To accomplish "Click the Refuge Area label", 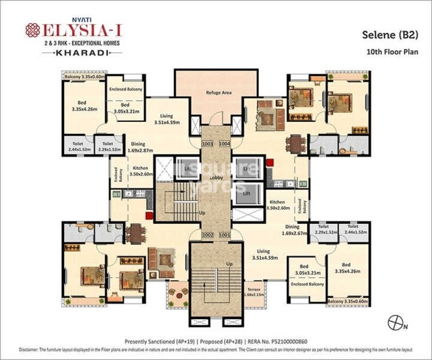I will pos(218,93).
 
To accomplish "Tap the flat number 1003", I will pos(207,144).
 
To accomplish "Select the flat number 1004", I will pos(224,144).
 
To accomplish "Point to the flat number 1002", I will pos(207,235).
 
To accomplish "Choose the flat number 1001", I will pos(224,235).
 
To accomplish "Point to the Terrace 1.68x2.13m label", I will pos(254,292).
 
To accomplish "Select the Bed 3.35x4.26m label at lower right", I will pos(346,268).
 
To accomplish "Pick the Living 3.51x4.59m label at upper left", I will pos(167,118).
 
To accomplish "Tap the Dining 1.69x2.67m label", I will pos(294,230).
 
